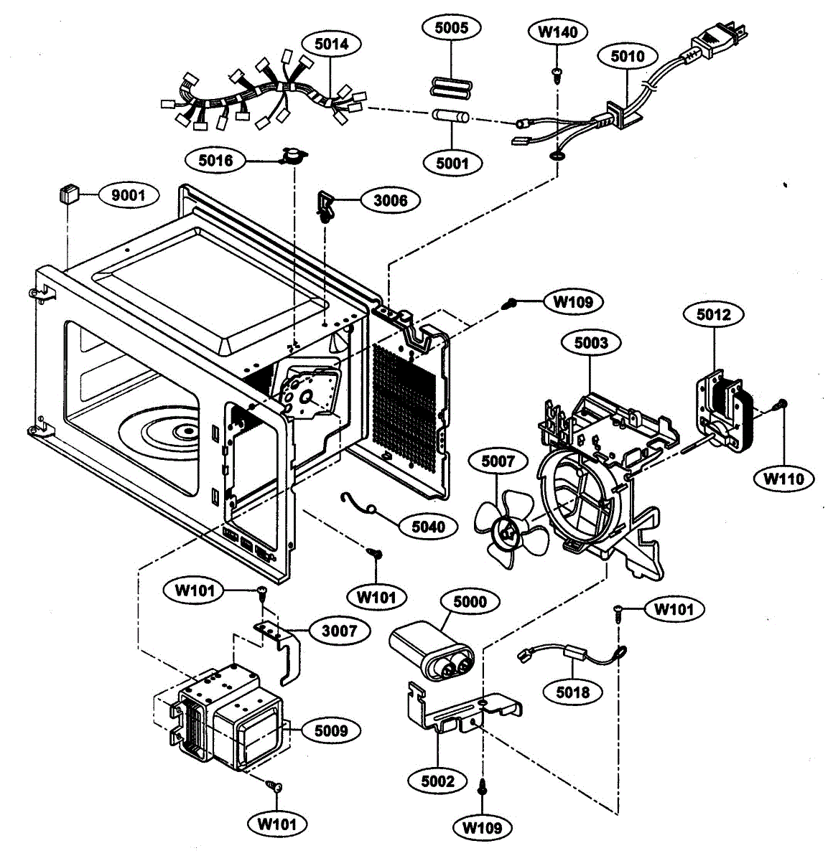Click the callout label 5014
tap(332, 44)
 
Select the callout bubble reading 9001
tap(129, 195)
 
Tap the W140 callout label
tap(558, 32)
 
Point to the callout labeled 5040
tap(428, 527)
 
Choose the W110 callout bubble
tap(783, 479)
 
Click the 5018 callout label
tap(573, 692)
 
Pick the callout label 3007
tap(339, 631)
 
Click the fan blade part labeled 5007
tap(509, 530)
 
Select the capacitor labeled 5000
tap(431, 650)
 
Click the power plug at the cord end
tap(717, 39)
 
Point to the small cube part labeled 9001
tap(68, 194)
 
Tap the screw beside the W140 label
tap(557, 75)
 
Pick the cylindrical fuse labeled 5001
tap(450, 116)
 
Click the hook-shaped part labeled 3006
tap(326, 206)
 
